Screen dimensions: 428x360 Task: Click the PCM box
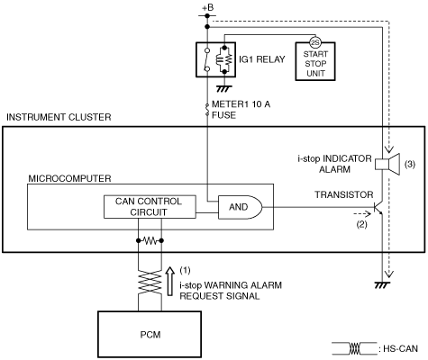point(150,334)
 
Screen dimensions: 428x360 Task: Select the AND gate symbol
point(240,207)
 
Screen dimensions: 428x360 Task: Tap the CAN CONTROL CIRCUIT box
point(150,207)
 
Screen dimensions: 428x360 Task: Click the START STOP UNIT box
point(315,61)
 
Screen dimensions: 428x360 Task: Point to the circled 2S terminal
point(315,43)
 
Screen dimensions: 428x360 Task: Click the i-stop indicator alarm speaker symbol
point(387,164)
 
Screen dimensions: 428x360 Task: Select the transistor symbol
point(378,207)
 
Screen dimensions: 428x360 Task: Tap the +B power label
point(207,7)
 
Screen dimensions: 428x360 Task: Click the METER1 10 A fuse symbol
point(207,110)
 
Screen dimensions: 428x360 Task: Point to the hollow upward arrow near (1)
point(170,281)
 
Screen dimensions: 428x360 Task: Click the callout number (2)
point(361,224)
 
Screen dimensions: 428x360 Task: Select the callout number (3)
point(410,164)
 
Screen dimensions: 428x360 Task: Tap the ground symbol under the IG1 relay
point(224,89)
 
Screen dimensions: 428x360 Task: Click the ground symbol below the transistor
point(382,285)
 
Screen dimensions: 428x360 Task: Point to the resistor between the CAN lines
point(150,240)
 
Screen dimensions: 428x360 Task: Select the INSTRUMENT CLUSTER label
point(59,117)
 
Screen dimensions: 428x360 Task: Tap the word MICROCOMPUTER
point(69,178)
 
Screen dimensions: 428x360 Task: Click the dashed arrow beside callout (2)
point(363,214)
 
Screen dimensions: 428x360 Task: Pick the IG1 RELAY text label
point(262,59)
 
